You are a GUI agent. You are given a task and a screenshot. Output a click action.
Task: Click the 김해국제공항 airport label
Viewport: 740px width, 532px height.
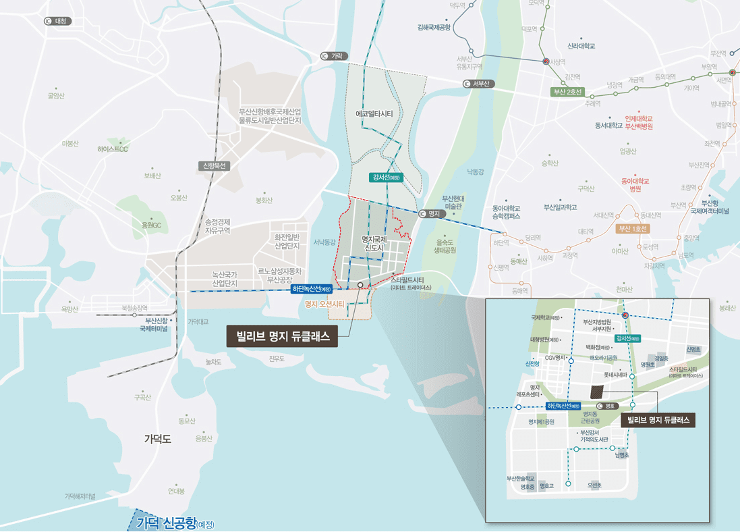point(434,28)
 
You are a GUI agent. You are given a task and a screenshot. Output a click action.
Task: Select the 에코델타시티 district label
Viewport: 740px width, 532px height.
point(374,114)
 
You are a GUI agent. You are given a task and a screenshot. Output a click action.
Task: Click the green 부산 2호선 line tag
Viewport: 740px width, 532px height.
point(567,92)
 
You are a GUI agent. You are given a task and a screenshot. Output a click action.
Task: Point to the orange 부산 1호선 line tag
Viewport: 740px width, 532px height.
point(633,228)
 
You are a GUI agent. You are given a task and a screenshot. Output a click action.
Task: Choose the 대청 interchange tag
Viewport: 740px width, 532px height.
point(58,21)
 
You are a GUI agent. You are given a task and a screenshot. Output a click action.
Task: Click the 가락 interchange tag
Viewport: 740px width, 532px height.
point(334,56)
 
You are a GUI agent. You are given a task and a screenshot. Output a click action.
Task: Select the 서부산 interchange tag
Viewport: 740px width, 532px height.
point(479,84)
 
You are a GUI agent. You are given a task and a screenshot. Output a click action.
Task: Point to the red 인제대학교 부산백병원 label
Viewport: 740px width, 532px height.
point(639,122)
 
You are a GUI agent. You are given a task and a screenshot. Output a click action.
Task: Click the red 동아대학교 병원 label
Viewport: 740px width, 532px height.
point(635,185)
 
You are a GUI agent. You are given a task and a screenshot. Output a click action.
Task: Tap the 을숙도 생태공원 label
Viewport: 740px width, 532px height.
point(446,246)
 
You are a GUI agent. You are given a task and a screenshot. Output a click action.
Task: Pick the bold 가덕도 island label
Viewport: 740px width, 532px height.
point(158,439)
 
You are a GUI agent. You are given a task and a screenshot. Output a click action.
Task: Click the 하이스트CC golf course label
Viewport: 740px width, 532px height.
point(113,149)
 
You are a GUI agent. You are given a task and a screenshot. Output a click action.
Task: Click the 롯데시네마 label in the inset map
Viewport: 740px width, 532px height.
point(615,374)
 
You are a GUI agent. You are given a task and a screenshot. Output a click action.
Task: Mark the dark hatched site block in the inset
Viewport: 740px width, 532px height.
point(598,391)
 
